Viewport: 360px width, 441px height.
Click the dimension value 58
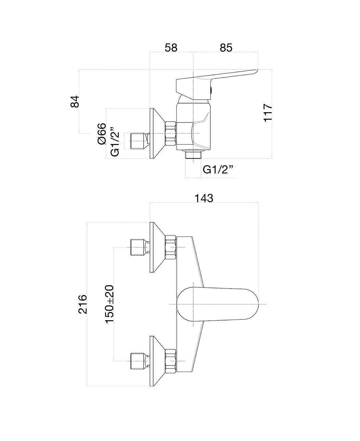(171, 48)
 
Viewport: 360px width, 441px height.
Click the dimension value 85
(226, 48)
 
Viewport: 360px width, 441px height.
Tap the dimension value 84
(75, 102)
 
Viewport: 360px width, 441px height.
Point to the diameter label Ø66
(102, 134)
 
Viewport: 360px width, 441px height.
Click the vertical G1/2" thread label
(115, 144)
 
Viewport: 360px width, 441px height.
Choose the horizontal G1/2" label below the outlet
(219, 169)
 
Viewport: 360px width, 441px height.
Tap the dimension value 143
(204, 198)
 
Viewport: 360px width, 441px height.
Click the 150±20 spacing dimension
(109, 304)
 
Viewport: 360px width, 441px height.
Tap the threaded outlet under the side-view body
(193, 155)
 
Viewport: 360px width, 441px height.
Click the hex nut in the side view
(170, 134)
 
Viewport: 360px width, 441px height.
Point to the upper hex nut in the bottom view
(170, 247)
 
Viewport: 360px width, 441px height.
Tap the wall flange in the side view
(156, 134)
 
